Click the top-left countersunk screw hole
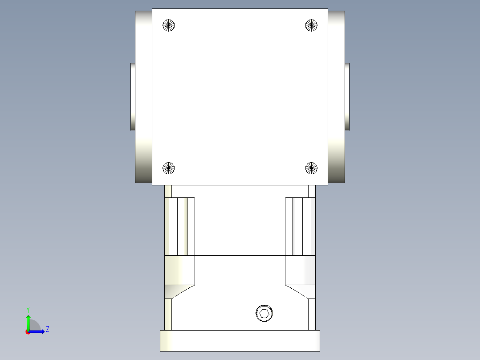pos(169,25)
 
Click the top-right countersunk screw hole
pos(311,25)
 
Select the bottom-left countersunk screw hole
pos(168,168)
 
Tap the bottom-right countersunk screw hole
pos(311,168)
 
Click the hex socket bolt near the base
pos(264,313)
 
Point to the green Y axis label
pos(28,309)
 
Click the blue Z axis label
pos(47,329)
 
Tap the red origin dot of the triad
pos(28,332)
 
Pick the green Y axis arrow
pos(28,322)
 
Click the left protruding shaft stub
pos(133,97)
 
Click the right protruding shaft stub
pos(347,97)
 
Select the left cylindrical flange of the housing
pos(143,97)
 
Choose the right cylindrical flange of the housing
pos(337,97)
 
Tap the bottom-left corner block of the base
pos(166,340)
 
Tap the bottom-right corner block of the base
pos(313,340)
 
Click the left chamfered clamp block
pos(179,274)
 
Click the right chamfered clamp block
pos(300,274)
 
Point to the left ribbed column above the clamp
pos(180,226)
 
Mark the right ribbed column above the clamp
pos(300,226)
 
